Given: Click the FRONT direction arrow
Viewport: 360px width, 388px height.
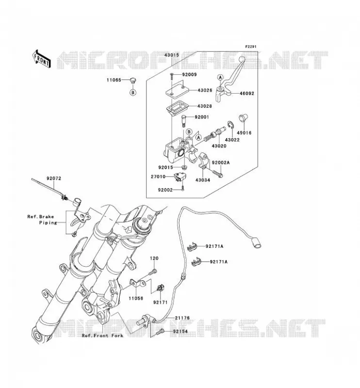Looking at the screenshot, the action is pyautogui.click(x=41, y=59).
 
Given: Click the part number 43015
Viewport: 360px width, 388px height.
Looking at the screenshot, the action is pyautogui.click(x=172, y=55).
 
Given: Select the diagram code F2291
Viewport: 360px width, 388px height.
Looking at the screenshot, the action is pyautogui.click(x=251, y=47).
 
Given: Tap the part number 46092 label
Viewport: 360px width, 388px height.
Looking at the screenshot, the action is pyautogui.click(x=246, y=94).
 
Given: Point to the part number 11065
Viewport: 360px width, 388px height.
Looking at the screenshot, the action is pyautogui.click(x=114, y=80).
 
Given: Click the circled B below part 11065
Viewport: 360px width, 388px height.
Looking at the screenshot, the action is pyautogui.click(x=133, y=92).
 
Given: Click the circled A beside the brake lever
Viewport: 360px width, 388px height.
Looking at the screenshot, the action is pyautogui.click(x=220, y=77).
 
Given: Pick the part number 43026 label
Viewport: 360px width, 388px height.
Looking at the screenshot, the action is pyautogui.click(x=205, y=90).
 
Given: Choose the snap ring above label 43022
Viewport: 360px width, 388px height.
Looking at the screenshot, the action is pyautogui.click(x=230, y=125).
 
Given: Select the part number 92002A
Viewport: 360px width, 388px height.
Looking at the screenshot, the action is pyautogui.click(x=221, y=162).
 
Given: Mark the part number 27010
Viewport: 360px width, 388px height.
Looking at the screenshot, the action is pyautogui.click(x=158, y=177).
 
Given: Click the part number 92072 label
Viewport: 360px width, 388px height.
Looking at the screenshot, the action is pyautogui.click(x=54, y=178).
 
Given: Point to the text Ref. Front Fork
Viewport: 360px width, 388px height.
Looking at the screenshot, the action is pyautogui.click(x=102, y=336).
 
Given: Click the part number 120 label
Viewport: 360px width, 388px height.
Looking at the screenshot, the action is pyautogui.click(x=154, y=258).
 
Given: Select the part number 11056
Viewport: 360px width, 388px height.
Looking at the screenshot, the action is pyautogui.click(x=136, y=298).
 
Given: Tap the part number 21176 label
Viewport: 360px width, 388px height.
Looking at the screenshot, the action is pyautogui.click(x=182, y=318).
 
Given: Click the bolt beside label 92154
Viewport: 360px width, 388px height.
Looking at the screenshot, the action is pyautogui.click(x=160, y=332).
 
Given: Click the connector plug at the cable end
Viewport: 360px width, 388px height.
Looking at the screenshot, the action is pyautogui.click(x=257, y=242).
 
